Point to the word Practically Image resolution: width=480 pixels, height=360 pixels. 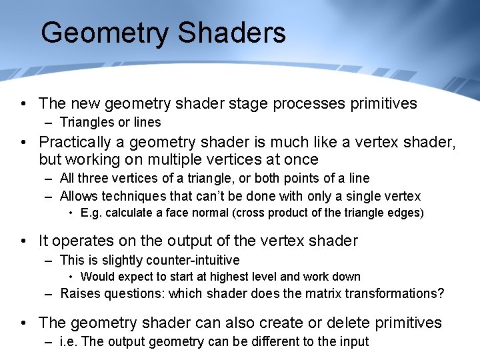[x=82, y=142]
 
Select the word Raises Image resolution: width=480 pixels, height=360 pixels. [x=79, y=293]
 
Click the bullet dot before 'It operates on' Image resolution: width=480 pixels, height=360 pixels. [x=24, y=241]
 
